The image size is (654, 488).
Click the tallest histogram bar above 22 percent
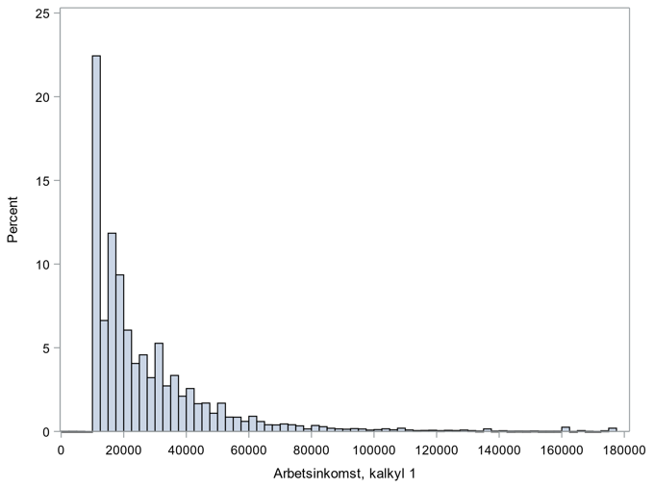tap(96, 241)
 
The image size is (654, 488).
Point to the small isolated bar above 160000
tap(566, 429)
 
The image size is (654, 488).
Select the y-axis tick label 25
tap(44, 13)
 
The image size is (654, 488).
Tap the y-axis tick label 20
tap(44, 97)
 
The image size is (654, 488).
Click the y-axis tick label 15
tap(44, 181)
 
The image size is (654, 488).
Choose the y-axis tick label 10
tap(44, 265)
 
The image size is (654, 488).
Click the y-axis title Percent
tap(13, 220)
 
